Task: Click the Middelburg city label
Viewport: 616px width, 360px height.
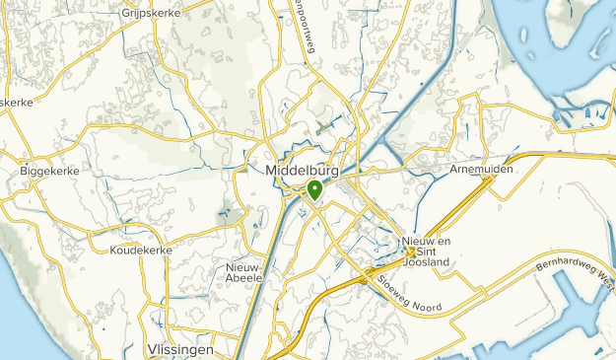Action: pyautogui.click(x=303, y=171)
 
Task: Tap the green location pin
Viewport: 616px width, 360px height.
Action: pyautogui.click(x=314, y=189)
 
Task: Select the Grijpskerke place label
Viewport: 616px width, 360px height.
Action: pyautogui.click(x=147, y=13)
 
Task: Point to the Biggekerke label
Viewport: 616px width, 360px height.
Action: pyautogui.click(x=49, y=171)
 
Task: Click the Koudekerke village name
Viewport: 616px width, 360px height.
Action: pyautogui.click(x=142, y=251)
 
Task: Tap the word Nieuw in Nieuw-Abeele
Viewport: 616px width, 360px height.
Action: pyautogui.click(x=242, y=266)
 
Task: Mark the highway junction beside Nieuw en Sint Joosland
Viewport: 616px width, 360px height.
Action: pyautogui.click(x=409, y=252)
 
